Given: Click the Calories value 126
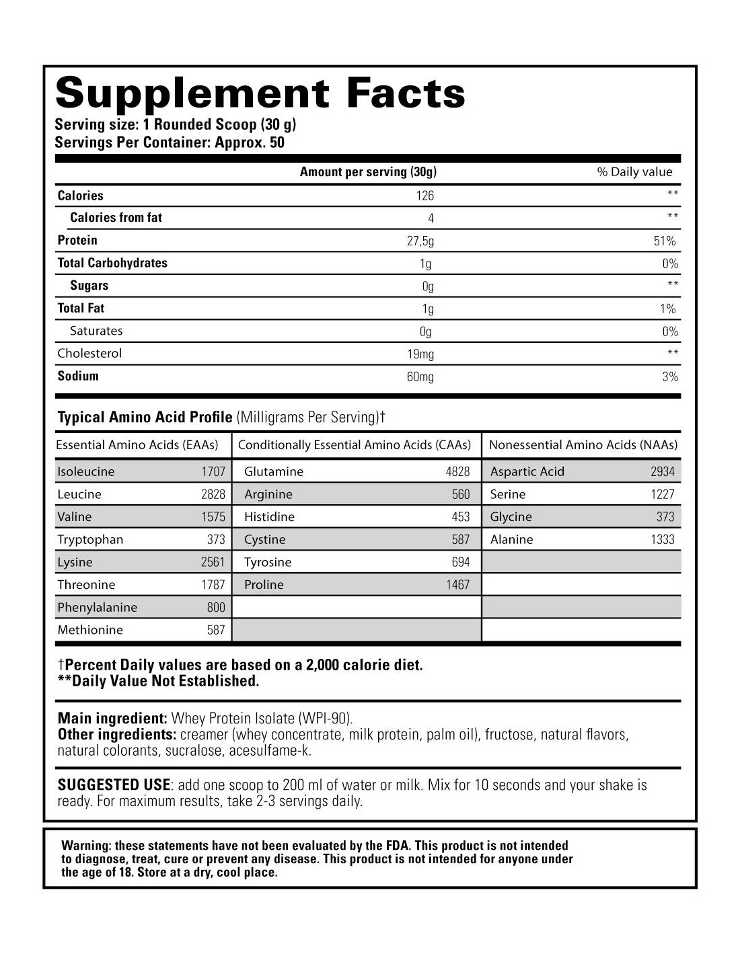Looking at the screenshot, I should tap(424, 196).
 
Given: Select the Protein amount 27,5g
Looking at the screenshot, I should tap(420, 241).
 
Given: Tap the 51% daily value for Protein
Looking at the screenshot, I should tap(665, 241).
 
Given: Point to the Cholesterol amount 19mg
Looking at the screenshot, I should tap(420, 354).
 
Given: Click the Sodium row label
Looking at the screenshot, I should tap(78, 376).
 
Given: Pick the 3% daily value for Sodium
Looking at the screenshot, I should tap(669, 376).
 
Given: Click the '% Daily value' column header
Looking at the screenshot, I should tap(634, 172).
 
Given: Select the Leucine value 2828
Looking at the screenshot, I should tap(213, 494).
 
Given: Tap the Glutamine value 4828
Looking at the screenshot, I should tap(457, 471).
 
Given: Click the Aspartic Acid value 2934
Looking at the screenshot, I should tap(662, 471).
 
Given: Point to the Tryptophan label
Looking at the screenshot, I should tap(90, 539).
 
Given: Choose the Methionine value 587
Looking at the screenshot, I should tap(215, 630).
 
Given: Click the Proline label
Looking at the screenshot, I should tap(264, 584).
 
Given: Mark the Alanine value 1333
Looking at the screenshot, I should tap(662, 539).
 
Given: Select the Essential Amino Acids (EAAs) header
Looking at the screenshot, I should tap(137, 445).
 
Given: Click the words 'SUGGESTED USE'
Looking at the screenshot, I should tap(114, 785).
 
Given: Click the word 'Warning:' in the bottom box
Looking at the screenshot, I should tap(85, 846).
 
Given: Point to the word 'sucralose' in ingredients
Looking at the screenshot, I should tap(193, 750).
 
